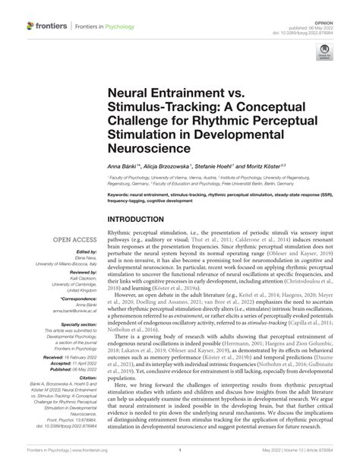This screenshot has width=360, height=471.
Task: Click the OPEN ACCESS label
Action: [73, 238]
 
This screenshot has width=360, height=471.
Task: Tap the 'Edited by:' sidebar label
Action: [83, 250]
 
